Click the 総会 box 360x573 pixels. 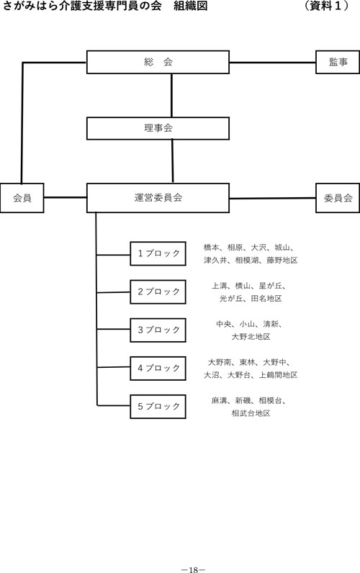(158, 62)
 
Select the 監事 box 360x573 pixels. (338, 62)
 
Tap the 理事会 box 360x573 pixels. (158, 128)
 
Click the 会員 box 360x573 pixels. (22, 198)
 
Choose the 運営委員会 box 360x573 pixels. (158, 198)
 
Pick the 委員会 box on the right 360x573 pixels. (338, 198)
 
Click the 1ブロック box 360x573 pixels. (158, 253)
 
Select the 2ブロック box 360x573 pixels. (158, 292)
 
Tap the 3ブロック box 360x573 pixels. (158, 330)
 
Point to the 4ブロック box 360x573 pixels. (158, 369)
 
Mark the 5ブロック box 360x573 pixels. (158, 407)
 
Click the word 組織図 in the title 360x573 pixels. (191, 6)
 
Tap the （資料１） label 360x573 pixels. (326, 6)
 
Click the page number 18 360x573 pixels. (194, 569)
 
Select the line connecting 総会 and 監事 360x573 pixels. (273, 63)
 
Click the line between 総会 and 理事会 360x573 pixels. (171, 95)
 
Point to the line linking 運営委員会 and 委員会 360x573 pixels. (273, 199)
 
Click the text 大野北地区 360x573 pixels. (251, 337)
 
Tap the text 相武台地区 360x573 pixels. (251, 413)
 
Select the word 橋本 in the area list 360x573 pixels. (211, 248)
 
